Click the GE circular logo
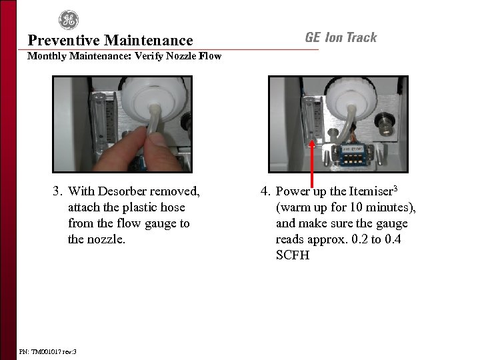pos(68,21)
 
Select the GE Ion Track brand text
pos(341,37)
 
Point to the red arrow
pos(312,160)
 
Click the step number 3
pos(57,192)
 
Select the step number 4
pos(265,192)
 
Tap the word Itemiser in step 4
pos(371,192)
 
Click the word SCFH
pos(293,255)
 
